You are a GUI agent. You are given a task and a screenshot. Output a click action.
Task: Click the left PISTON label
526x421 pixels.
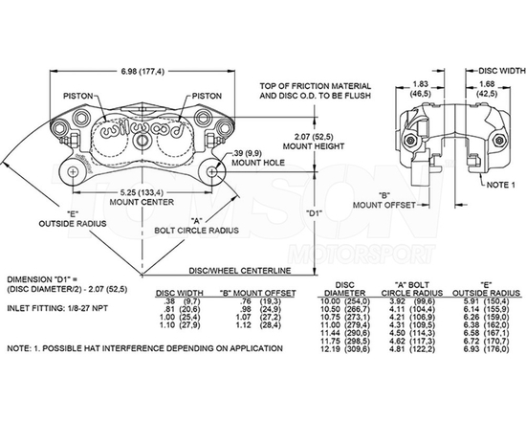click(78, 96)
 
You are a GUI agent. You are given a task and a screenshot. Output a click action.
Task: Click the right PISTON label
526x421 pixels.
click(208, 96)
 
